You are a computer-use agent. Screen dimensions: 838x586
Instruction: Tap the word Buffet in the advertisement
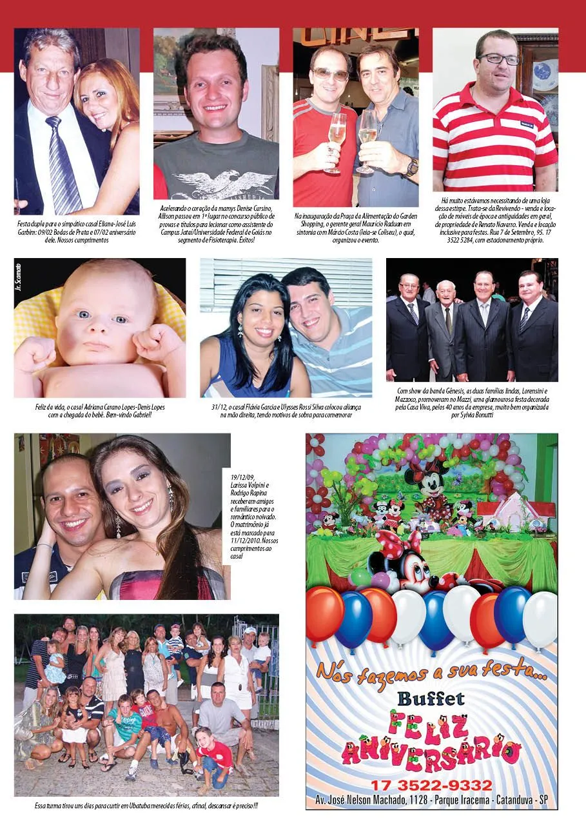(x=431, y=699)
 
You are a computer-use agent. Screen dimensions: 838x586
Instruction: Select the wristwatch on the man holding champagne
(x=411, y=167)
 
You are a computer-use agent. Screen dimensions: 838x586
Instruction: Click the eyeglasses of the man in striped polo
(x=498, y=59)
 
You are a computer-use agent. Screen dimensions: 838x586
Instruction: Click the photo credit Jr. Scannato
(x=19, y=275)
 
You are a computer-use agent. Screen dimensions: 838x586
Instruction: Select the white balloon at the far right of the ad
(x=540, y=619)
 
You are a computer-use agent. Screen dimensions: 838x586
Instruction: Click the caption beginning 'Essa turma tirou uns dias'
(x=146, y=806)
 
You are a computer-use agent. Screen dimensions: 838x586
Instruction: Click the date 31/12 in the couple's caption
(x=218, y=408)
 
